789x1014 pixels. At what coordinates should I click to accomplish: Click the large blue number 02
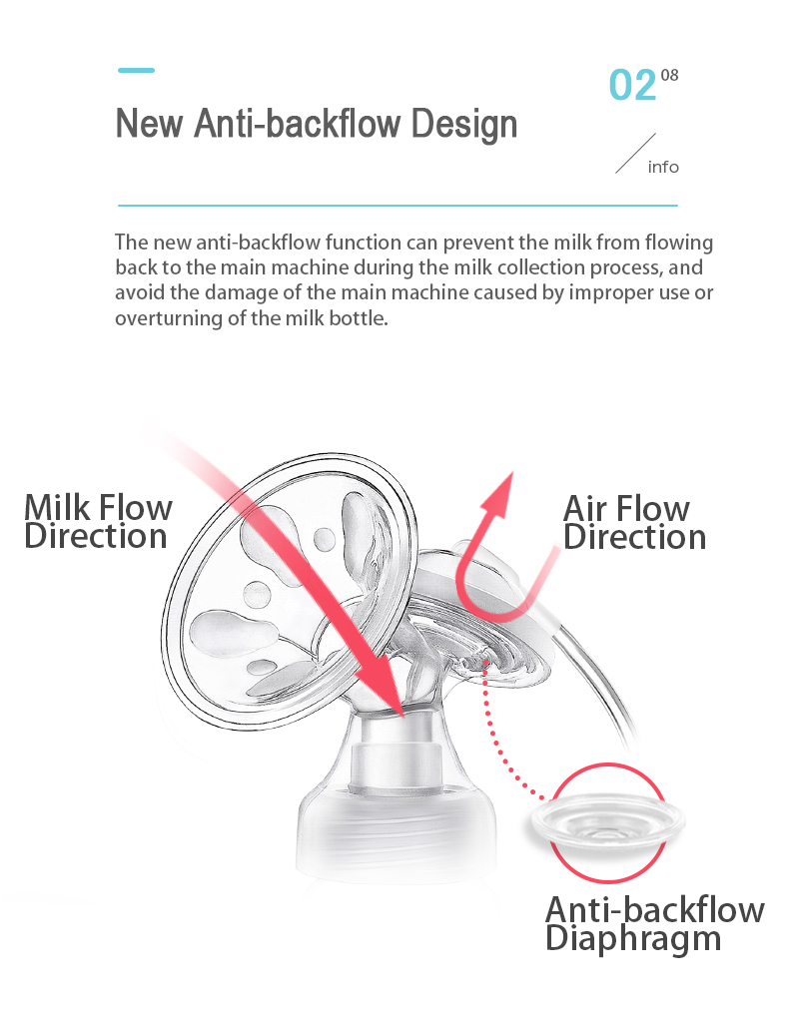point(632,86)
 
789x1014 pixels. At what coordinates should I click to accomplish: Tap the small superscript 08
point(669,75)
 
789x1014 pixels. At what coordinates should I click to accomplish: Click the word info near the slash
point(663,167)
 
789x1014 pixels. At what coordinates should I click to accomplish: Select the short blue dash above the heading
point(136,70)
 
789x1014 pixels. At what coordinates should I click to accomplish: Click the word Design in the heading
point(464,123)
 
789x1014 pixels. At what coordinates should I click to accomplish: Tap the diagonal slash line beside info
point(635,154)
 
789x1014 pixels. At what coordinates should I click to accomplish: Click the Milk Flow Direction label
point(98,521)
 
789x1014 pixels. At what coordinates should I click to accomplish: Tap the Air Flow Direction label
point(634,522)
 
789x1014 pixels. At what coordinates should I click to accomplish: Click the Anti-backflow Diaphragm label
point(654,923)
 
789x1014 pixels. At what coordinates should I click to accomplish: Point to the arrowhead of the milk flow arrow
point(382,687)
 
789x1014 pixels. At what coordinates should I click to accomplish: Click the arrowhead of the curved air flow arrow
point(499,494)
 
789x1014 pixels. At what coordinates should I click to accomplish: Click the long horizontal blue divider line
point(397,206)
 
